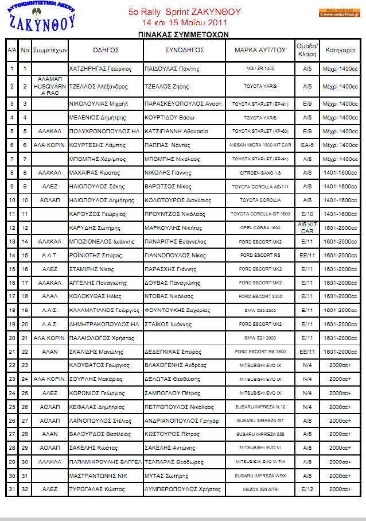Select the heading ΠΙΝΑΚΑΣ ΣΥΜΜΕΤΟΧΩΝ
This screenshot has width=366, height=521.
[x=184, y=34]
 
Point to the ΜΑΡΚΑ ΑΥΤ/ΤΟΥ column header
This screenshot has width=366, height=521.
[x=260, y=50]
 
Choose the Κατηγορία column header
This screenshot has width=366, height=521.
[x=340, y=50]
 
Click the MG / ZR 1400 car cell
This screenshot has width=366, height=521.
[x=260, y=68]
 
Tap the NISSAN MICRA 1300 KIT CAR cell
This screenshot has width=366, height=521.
[x=260, y=145]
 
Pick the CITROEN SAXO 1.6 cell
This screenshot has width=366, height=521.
[x=260, y=172]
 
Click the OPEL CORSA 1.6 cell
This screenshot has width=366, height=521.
[x=260, y=228]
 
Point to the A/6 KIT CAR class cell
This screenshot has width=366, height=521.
[x=307, y=227]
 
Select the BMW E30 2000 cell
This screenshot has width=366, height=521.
[x=260, y=310]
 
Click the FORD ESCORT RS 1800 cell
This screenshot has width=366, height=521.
[x=260, y=352]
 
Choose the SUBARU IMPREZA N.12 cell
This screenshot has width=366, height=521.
[x=260, y=407]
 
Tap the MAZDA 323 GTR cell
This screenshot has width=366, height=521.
[x=260, y=489]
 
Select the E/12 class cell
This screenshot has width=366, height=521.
[x=307, y=489]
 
